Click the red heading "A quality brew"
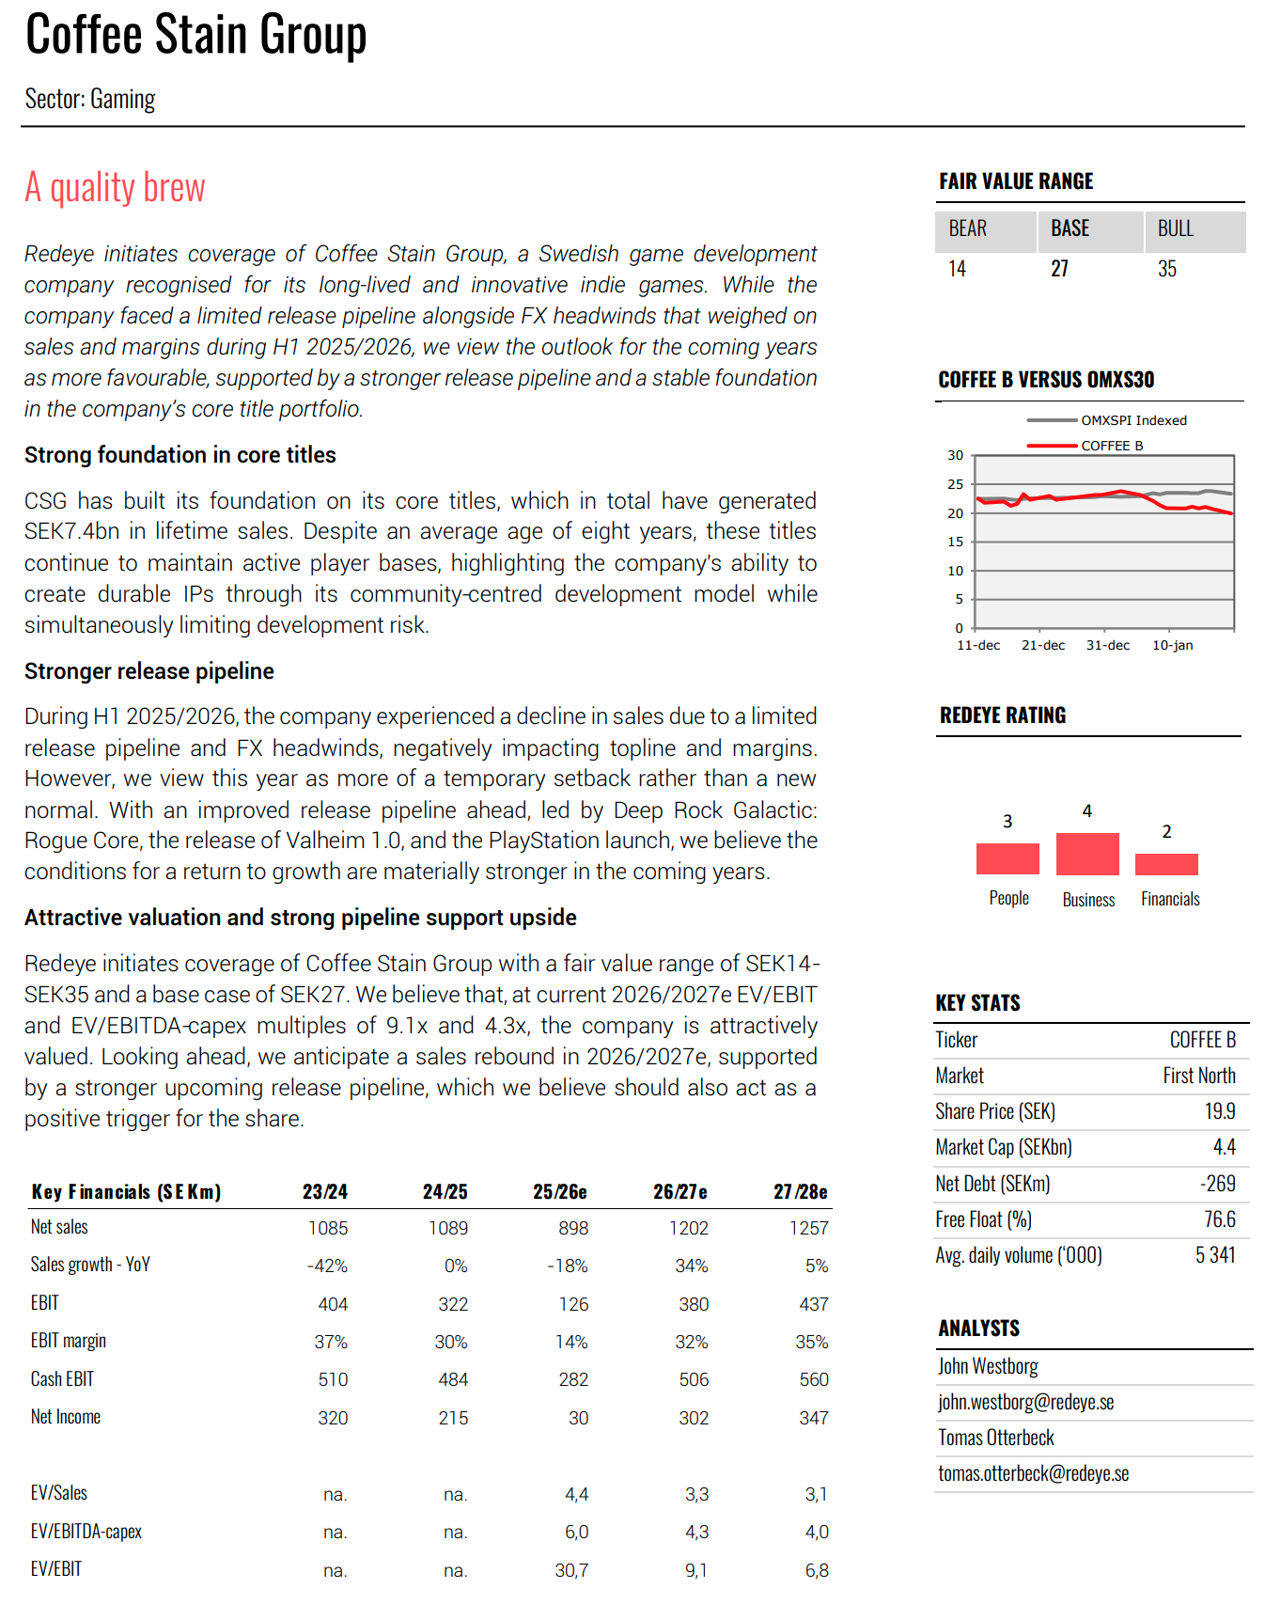pos(115,187)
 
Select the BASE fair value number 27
pos(1059,269)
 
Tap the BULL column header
pos(1175,228)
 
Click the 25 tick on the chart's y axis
pos(956,484)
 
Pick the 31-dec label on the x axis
pos(1108,645)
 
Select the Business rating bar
pos(1087,854)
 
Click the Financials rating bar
pos(1166,864)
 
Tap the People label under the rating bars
pos(1008,898)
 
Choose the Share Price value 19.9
pos(1220,1111)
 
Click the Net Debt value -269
pos(1217,1184)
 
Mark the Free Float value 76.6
pos(1220,1219)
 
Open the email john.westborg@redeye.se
pos(1025,1402)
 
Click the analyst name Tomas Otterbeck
pos(996,1438)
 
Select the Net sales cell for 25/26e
pos(572,1228)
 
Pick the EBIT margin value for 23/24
pos(331,1342)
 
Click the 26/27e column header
pos(679,1191)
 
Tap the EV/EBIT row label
pos(56,1569)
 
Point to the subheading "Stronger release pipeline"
pos(149,671)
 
